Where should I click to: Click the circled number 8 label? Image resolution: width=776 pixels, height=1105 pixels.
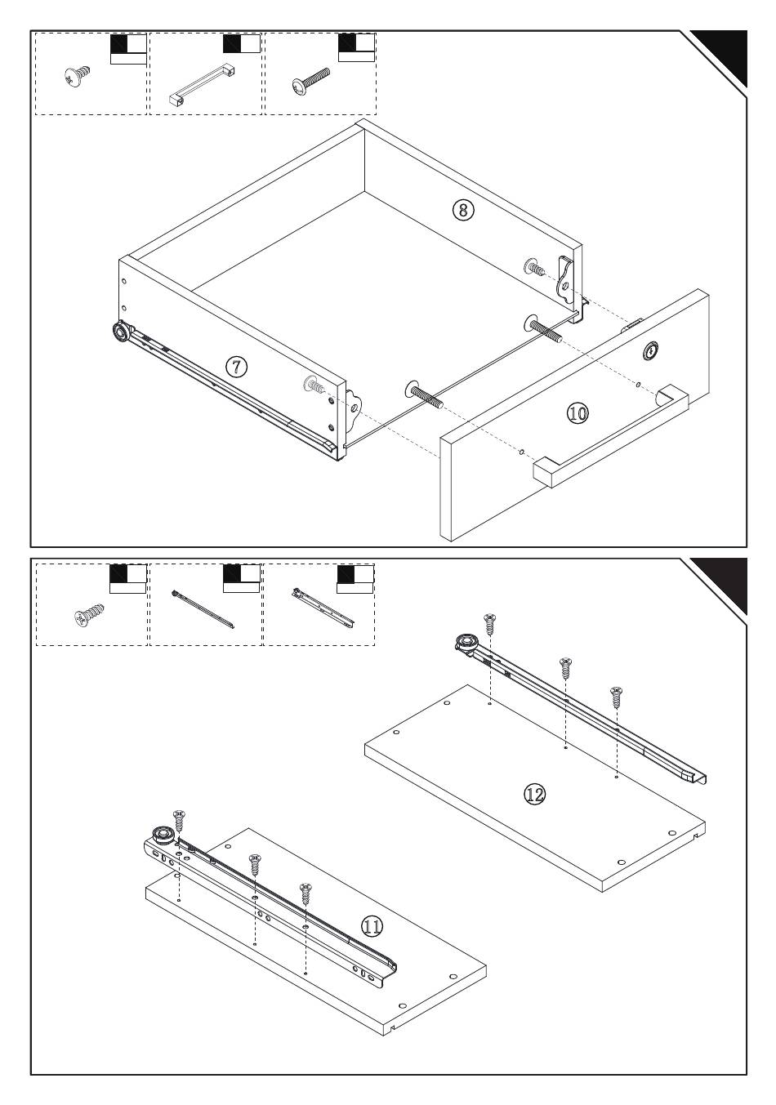click(x=462, y=210)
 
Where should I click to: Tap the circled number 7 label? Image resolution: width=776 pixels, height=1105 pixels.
click(x=237, y=367)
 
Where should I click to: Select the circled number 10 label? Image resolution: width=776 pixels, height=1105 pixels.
click(x=577, y=413)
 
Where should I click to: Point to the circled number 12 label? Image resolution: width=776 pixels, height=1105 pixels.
click(x=535, y=793)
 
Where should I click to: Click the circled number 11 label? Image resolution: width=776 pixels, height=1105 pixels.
click(x=371, y=925)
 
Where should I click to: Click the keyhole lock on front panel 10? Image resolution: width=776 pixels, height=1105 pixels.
click(x=651, y=351)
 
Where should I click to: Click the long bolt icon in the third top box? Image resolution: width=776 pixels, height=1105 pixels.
click(x=311, y=81)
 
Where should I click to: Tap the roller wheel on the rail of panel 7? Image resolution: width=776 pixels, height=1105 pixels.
click(x=121, y=332)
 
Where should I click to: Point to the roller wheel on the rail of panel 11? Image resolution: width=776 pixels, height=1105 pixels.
click(x=158, y=835)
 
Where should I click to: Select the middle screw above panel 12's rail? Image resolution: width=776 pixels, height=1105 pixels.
click(x=564, y=669)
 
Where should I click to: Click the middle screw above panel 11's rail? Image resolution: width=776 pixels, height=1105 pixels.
click(x=255, y=864)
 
